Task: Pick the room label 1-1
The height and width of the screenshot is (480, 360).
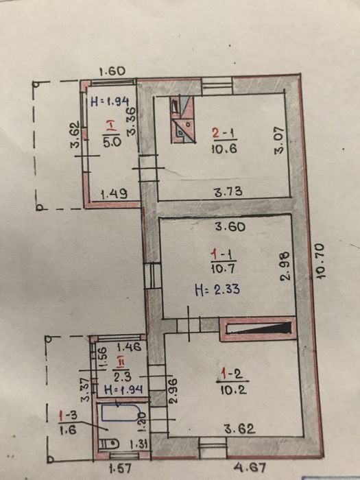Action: (220, 255)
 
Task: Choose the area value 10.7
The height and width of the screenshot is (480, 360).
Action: (220, 269)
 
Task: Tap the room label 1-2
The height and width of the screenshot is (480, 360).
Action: (230, 374)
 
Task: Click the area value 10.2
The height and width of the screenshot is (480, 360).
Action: (230, 389)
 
